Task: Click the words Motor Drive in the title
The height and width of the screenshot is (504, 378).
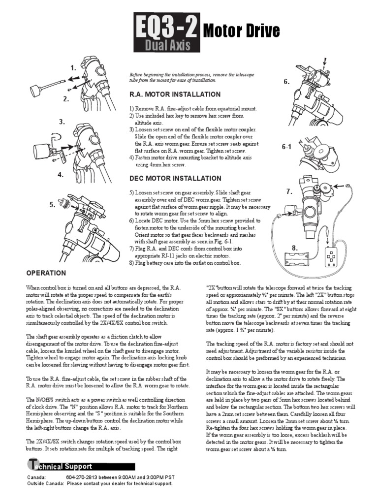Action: (x=241, y=31)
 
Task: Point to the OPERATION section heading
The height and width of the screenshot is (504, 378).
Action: (x=46, y=273)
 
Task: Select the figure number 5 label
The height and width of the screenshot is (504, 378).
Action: (x=52, y=206)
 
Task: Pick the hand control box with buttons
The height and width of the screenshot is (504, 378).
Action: (x=332, y=257)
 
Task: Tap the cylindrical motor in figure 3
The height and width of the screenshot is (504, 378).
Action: (x=43, y=150)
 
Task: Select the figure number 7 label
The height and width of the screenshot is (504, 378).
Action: (x=289, y=191)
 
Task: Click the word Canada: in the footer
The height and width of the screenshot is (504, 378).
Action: (x=37, y=478)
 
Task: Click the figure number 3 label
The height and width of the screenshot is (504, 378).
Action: (x=62, y=122)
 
